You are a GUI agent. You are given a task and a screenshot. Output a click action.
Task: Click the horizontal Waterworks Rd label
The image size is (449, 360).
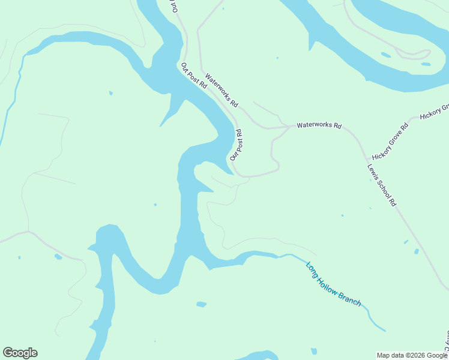(x=319, y=126)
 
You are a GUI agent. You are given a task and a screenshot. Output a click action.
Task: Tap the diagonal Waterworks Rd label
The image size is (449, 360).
(x=221, y=91)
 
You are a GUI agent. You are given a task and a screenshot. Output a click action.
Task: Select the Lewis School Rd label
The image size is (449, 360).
(x=382, y=185)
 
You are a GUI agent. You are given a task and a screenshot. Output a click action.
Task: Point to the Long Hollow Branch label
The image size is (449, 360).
(x=334, y=284)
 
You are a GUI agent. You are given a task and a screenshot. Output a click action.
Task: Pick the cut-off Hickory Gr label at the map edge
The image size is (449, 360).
(x=435, y=112)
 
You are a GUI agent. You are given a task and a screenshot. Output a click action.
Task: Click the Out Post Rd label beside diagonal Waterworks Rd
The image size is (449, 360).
(x=194, y=76)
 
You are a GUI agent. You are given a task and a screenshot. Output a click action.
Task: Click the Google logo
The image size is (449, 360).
(x=20, y=353)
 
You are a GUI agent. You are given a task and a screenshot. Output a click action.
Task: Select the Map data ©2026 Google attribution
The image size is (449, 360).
(x=412, y=355)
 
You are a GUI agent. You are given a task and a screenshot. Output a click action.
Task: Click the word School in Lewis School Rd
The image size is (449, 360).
(x=382, y=186)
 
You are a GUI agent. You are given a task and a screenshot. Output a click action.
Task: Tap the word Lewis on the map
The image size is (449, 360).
(x=373, y=170)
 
